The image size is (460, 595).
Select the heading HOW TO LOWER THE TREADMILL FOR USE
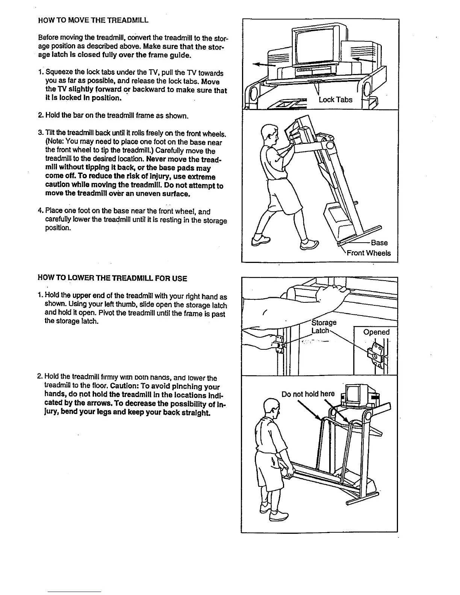(112, 278)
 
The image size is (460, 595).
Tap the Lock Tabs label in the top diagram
(335, 100)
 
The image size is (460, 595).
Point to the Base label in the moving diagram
(379, 242)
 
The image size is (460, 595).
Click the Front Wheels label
(368, 253)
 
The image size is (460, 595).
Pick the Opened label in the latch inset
(376, 332)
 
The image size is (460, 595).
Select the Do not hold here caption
(308, 394)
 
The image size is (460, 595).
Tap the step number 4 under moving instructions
(41, 211)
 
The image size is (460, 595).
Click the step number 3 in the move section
(40, 134)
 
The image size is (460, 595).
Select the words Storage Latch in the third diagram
(323, 327)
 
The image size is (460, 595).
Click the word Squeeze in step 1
(57, 73)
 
